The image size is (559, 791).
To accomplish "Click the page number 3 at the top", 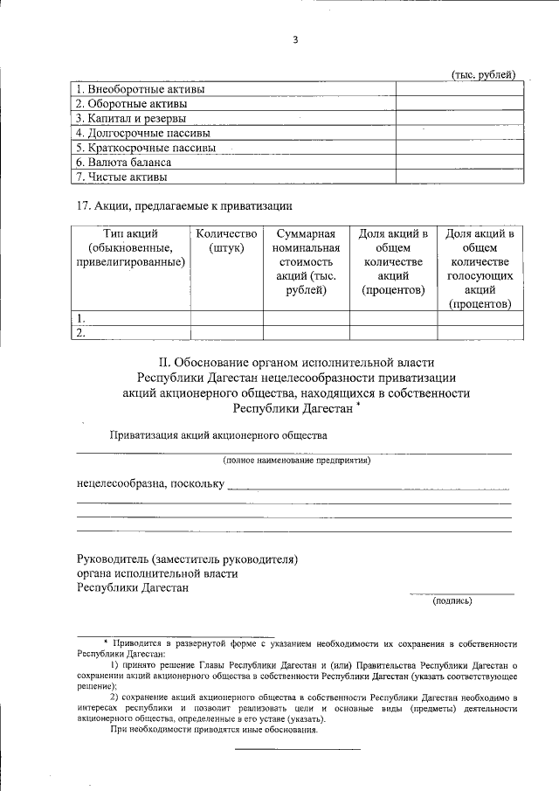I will coord(296,38).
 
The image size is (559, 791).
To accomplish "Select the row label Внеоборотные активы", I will coord(140,89).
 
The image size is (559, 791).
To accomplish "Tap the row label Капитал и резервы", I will coord(132,118).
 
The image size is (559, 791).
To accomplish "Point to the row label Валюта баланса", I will coord(123,162).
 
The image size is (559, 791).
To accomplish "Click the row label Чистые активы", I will coord(121,177).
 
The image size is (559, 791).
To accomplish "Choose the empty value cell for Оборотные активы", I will coord(459,104).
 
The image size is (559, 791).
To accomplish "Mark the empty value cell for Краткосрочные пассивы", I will coord(459,148).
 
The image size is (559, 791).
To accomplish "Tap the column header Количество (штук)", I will coord(227,240).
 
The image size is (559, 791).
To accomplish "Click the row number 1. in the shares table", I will coord(81,318).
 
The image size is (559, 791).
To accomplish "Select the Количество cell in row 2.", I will coord(227,333).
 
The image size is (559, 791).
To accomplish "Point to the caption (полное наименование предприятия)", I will coord(296,460).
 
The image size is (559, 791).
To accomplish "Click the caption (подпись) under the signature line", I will coord(452,600).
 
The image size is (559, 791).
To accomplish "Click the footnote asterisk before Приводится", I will coord(106,642).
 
